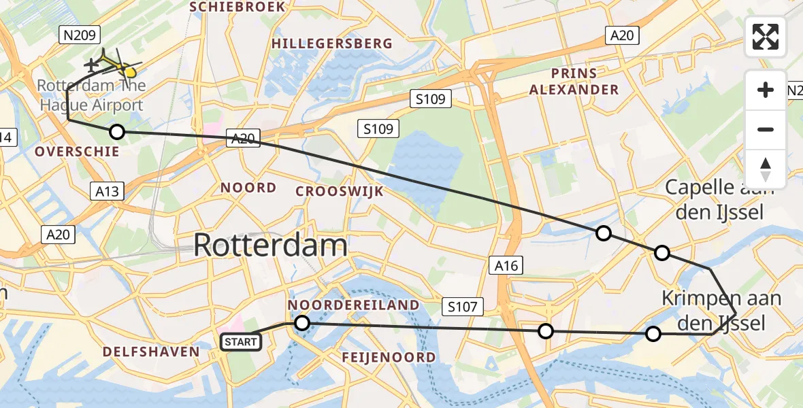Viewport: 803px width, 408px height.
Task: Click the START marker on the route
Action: [242, 341]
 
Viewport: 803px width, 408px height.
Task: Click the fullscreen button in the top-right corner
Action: [766, 37]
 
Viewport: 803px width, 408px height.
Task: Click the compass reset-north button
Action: [766, 169]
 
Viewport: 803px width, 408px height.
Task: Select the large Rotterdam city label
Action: [270, 245]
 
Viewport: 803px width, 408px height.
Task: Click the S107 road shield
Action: [462, 307]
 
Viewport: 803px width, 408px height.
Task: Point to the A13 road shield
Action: [107, 191]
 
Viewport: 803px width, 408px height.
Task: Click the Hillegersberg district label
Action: [331, 44]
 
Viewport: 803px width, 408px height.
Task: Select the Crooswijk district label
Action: [339, 191]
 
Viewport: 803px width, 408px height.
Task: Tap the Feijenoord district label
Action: [389, 357]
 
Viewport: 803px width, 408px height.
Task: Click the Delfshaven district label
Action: [151, 352]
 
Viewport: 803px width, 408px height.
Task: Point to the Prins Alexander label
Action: [574, 82]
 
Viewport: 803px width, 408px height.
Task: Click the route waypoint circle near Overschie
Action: [117, 132]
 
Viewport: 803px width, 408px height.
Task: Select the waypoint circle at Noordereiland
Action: [302, 323]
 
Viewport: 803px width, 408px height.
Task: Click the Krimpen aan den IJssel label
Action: [721, 310]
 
